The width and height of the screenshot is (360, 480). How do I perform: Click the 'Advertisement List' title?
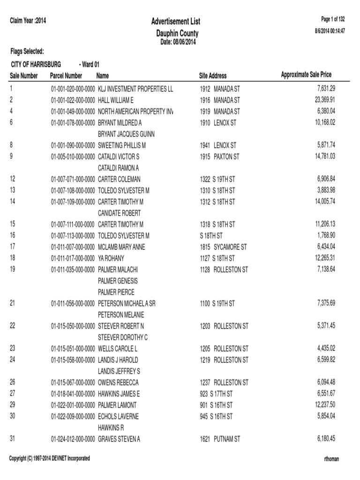click(176, 22)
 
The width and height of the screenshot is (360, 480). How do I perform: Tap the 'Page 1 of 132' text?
click(333, 19)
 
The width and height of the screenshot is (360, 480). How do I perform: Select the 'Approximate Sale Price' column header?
click(306, 75)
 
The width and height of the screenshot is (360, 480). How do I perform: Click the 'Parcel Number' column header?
click(66, 75)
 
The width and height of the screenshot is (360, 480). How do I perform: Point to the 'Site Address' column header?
click(213, 75)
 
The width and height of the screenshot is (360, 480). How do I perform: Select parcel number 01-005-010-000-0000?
click(73, 157)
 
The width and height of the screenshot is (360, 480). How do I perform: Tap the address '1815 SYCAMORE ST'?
click(223, 247)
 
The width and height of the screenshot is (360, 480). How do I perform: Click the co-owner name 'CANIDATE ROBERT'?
click(119, 213)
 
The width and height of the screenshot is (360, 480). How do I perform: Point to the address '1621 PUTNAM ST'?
click(220, 439)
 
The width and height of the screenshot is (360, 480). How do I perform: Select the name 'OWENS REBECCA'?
click(118, 382)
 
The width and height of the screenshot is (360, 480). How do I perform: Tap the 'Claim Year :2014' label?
click(28, 21)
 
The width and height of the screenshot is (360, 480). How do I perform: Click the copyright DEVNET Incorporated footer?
click(49, 458)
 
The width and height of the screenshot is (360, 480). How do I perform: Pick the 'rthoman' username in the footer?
click(331, 459)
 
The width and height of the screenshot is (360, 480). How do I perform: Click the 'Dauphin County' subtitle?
click(177, 33)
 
